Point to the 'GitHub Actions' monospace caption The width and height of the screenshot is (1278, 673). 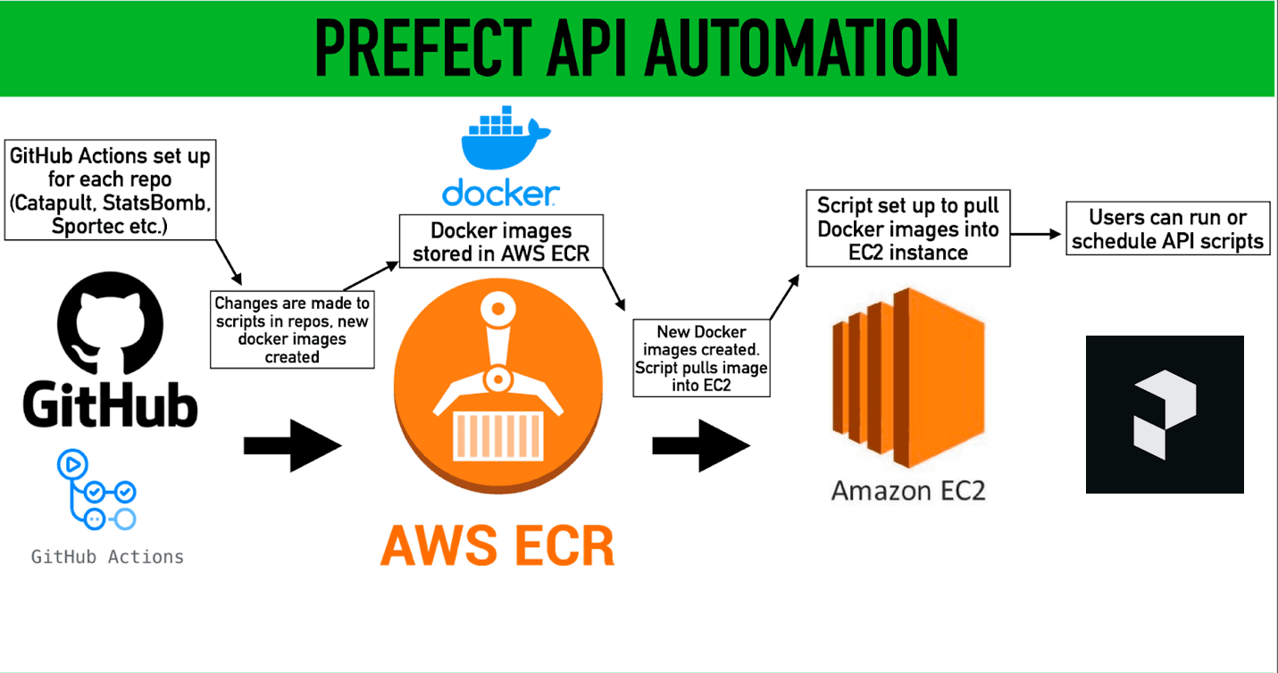click(107, 557)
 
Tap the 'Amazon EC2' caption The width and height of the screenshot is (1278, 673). click(908, 490)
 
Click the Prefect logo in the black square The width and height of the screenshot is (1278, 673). click(1164, 414)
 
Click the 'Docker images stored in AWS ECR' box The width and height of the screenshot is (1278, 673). click(500, 242)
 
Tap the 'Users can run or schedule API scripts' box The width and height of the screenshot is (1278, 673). click(1167, 228)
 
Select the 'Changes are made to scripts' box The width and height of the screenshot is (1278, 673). click(292, 329)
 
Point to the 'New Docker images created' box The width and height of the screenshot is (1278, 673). click(701, 357)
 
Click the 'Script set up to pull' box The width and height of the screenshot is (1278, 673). click(907, 228)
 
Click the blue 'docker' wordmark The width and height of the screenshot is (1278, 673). click(500, 192)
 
